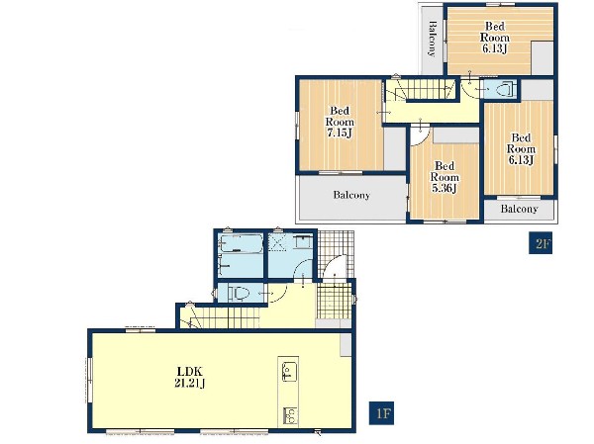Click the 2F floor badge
[x=541, y=243]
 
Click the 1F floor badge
[x=381, y=413]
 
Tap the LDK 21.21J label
[x=190, y=377]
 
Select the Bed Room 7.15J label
[x=340, y=122]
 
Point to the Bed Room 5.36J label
[x=445, y=177]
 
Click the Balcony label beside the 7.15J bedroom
[x=351, y=195]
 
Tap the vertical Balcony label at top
[x=431, y=39]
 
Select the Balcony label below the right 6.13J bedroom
[x=519, y=209]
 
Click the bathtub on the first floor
[x=242, y=243]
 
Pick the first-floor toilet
[x=239, y=293]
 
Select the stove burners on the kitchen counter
[x=290, y=416]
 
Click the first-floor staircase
[x=220, y=317]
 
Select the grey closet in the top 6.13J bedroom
[x=543, y=57]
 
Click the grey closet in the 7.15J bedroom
[x=395, y=148]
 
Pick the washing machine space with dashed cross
[x=277, y=243]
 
